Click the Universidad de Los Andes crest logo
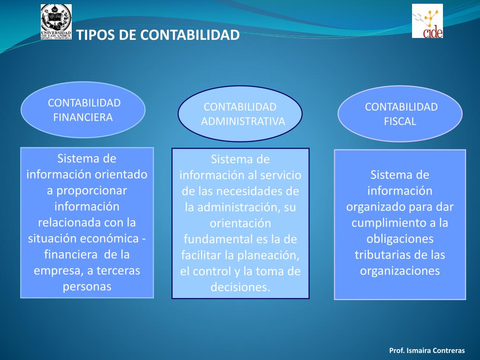coord(56,22)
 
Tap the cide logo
coord(427,21)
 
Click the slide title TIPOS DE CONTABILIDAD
coord(158,35)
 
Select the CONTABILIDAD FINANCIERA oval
coord(83,110)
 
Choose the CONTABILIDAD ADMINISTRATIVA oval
coord(240,114)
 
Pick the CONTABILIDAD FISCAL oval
coord(400,114)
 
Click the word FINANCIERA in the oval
coord(83,117)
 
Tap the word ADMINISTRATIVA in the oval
coord(243,121)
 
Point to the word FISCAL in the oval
coord(400,121)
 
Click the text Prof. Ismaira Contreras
coord(427,351)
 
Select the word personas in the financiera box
coord(87,286)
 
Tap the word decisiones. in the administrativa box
coord(240,287)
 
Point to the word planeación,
coord(269,255)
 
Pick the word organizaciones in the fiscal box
coord(400,271)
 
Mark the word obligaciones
coord(400,239)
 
